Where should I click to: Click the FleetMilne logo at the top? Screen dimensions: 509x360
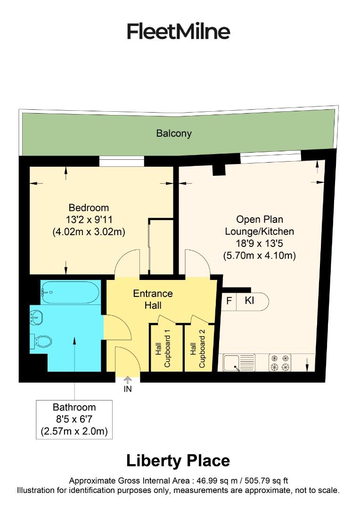(x=179, y=32)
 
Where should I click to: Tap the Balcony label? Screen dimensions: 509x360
(x=174, y=133)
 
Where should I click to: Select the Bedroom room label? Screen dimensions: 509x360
(x=89, y=207)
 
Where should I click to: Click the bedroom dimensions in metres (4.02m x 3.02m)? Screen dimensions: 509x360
(x=89, y=232)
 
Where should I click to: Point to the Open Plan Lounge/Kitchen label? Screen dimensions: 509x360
(x=259, y=225)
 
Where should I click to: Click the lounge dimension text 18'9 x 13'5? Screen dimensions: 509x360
(x=259, y=244)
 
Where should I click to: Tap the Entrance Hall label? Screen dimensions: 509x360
(x=153, y=299)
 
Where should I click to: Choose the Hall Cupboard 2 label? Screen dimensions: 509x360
(x=197, y=348)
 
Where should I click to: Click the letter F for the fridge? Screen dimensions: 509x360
(x=229, y=301)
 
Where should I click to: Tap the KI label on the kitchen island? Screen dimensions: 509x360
(x=249, y=301)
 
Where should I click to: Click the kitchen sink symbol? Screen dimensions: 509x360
(x=239, y=362)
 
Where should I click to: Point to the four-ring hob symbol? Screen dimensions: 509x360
(x=279, y=362)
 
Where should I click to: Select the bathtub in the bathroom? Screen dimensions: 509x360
(x=71, y=292)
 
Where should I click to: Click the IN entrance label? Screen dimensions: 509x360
(x=128, y=389)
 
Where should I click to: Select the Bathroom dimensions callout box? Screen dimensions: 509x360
(x=74, y=419)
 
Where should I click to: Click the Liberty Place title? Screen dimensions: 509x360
(x=178, y=460)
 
